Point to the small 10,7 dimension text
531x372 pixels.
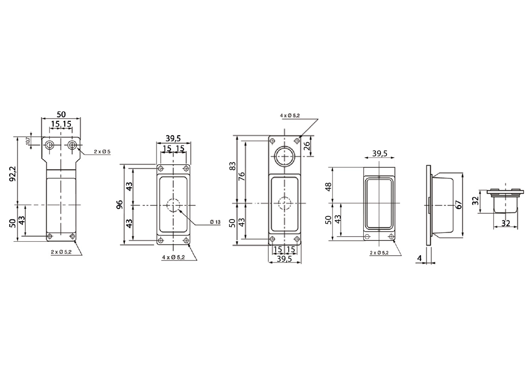28,140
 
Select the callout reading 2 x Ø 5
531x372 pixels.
102,152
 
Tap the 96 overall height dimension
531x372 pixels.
120,205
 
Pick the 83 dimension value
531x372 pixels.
234,166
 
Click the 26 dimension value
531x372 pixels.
307,146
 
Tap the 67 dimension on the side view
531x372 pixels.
458,204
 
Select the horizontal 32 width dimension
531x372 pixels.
506,223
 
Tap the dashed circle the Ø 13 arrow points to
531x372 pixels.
173,205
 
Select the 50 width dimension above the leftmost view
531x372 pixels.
61,114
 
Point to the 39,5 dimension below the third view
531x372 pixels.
284,259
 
